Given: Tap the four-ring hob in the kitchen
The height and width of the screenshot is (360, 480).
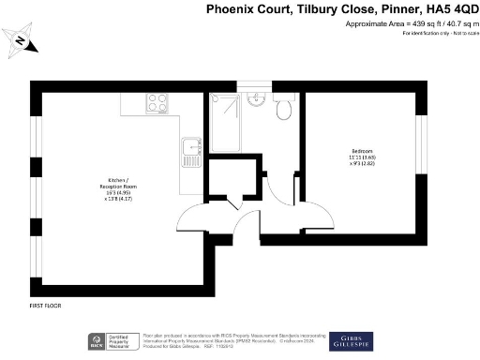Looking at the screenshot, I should pyautogui.click(x=156, y=105).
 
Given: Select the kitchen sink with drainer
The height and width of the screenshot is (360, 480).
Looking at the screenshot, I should pyautogui.click(x=192, y=147).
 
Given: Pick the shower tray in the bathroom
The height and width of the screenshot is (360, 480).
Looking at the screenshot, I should pyautogui.click(x=225, y=122).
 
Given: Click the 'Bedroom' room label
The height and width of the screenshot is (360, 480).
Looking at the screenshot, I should pyautogui.click(x=361, y=152).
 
